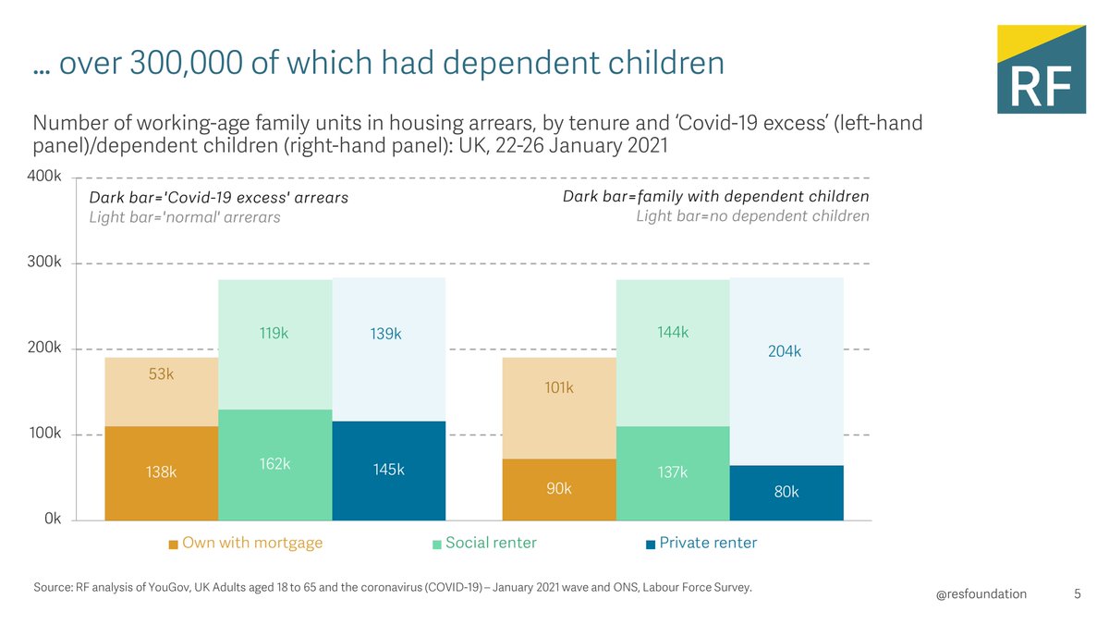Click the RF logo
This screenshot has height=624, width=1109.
click(1041, 69)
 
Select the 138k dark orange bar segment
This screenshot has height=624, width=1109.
click(162, 472)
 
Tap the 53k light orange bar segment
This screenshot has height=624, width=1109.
click(162, 391)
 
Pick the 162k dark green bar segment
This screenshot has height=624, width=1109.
click(274, 464)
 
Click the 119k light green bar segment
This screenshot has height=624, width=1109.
click(274, 344)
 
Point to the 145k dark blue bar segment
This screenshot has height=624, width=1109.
click(388, 471)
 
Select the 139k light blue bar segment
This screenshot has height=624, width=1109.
click(388, 349)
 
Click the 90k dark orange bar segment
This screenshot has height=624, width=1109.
click(558, 489)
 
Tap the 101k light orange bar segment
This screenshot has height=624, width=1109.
click(558, 408)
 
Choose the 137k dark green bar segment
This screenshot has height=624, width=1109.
click(672, 472)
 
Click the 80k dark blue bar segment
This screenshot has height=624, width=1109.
click(786, 492)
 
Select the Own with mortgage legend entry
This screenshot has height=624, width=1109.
click(246, 543)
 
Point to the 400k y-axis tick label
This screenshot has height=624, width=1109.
click(45, 176)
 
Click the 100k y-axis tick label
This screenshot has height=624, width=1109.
click(45, 434)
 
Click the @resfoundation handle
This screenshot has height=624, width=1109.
click(981, 593)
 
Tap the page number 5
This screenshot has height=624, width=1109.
click(1078, 593)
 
